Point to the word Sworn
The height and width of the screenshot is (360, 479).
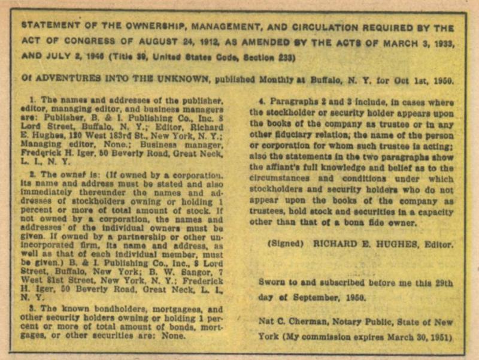272,282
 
